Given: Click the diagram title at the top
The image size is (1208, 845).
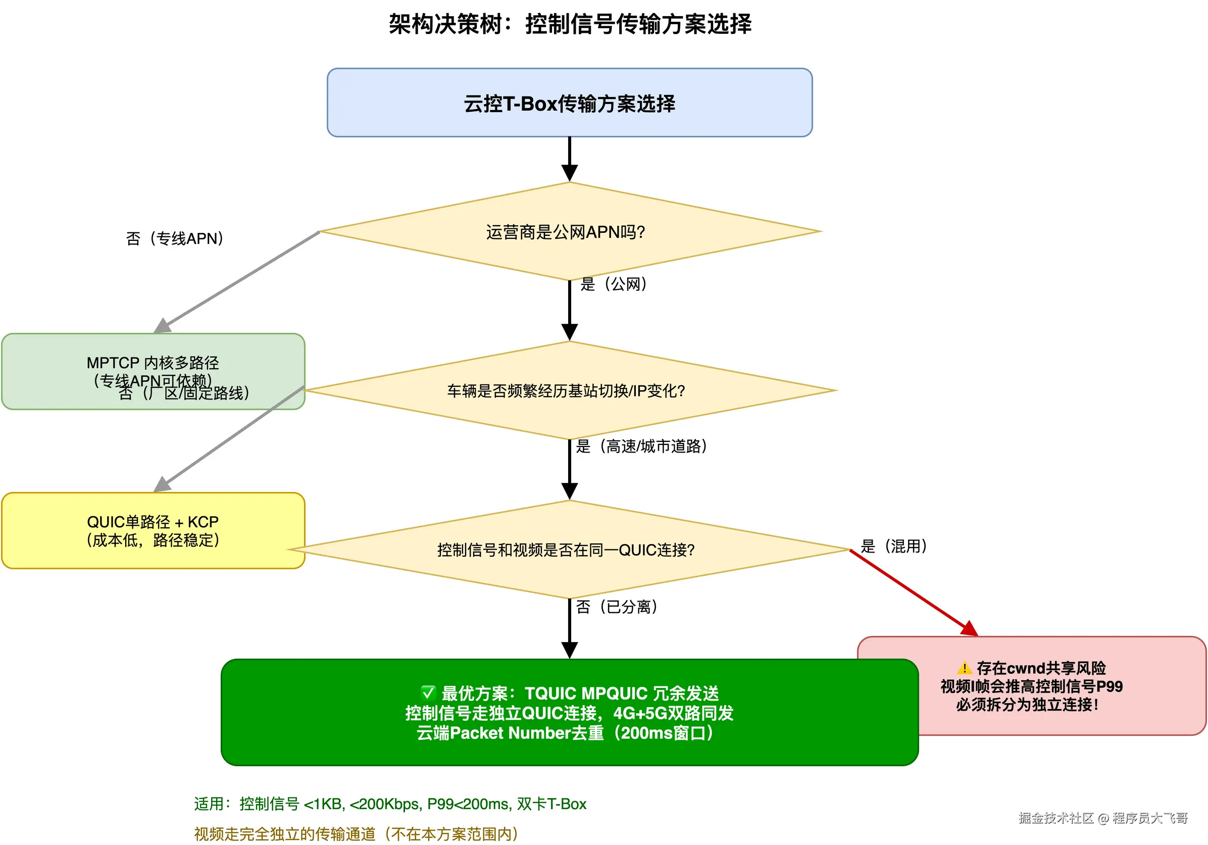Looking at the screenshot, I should coord(570,24).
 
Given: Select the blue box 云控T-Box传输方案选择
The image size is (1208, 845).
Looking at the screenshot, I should coord(569,103).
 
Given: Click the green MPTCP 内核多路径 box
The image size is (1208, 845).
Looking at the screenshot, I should coord(153,363).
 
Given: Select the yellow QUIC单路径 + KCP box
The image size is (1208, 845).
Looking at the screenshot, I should coord(153,530).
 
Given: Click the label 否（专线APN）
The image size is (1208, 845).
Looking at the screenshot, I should coord(175,238).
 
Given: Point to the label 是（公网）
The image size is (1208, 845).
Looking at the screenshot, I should coord(614,284).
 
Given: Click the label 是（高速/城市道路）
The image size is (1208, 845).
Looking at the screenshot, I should coord(641,446).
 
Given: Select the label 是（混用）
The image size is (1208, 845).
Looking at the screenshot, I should coord(893,545).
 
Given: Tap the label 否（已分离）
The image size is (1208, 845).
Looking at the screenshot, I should coord(617,607).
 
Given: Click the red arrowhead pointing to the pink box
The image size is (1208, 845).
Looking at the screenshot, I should coord(970,629).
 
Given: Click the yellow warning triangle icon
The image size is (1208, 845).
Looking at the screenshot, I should coord(964,668).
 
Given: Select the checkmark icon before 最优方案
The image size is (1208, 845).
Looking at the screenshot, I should coord(428,692).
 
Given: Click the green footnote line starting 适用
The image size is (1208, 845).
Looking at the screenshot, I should coord(390,804).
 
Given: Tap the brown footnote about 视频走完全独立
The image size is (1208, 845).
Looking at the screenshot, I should coord(356,833).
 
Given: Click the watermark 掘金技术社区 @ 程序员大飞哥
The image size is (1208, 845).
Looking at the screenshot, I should coord(1103,818).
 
